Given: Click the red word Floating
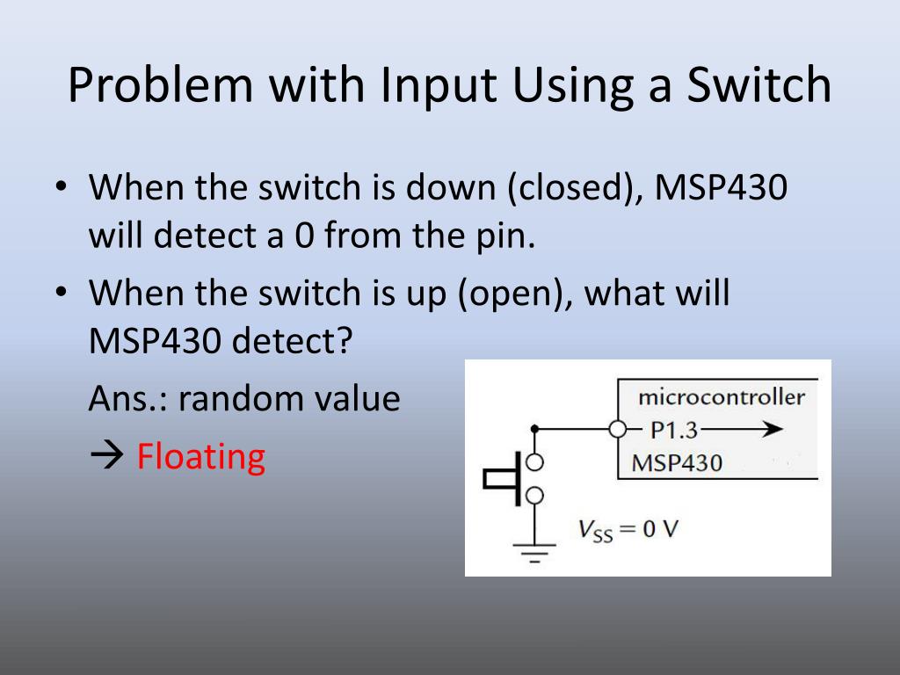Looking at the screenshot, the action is coord(200,456).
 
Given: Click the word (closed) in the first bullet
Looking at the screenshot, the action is coord(570,187).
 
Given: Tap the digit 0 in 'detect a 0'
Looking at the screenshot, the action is coord(304,236).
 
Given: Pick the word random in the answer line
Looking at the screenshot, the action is coord(238,399).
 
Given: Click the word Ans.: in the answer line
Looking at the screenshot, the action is coord(128,399).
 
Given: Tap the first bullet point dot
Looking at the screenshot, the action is coord(60,187).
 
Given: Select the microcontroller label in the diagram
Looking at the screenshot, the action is coord(721,396).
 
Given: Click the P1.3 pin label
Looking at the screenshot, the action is coord(675,430).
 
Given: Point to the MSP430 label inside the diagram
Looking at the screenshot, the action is coord(677,462).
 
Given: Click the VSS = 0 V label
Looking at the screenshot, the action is coord(628,530).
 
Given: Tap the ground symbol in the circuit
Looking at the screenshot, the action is coord(534,552).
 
